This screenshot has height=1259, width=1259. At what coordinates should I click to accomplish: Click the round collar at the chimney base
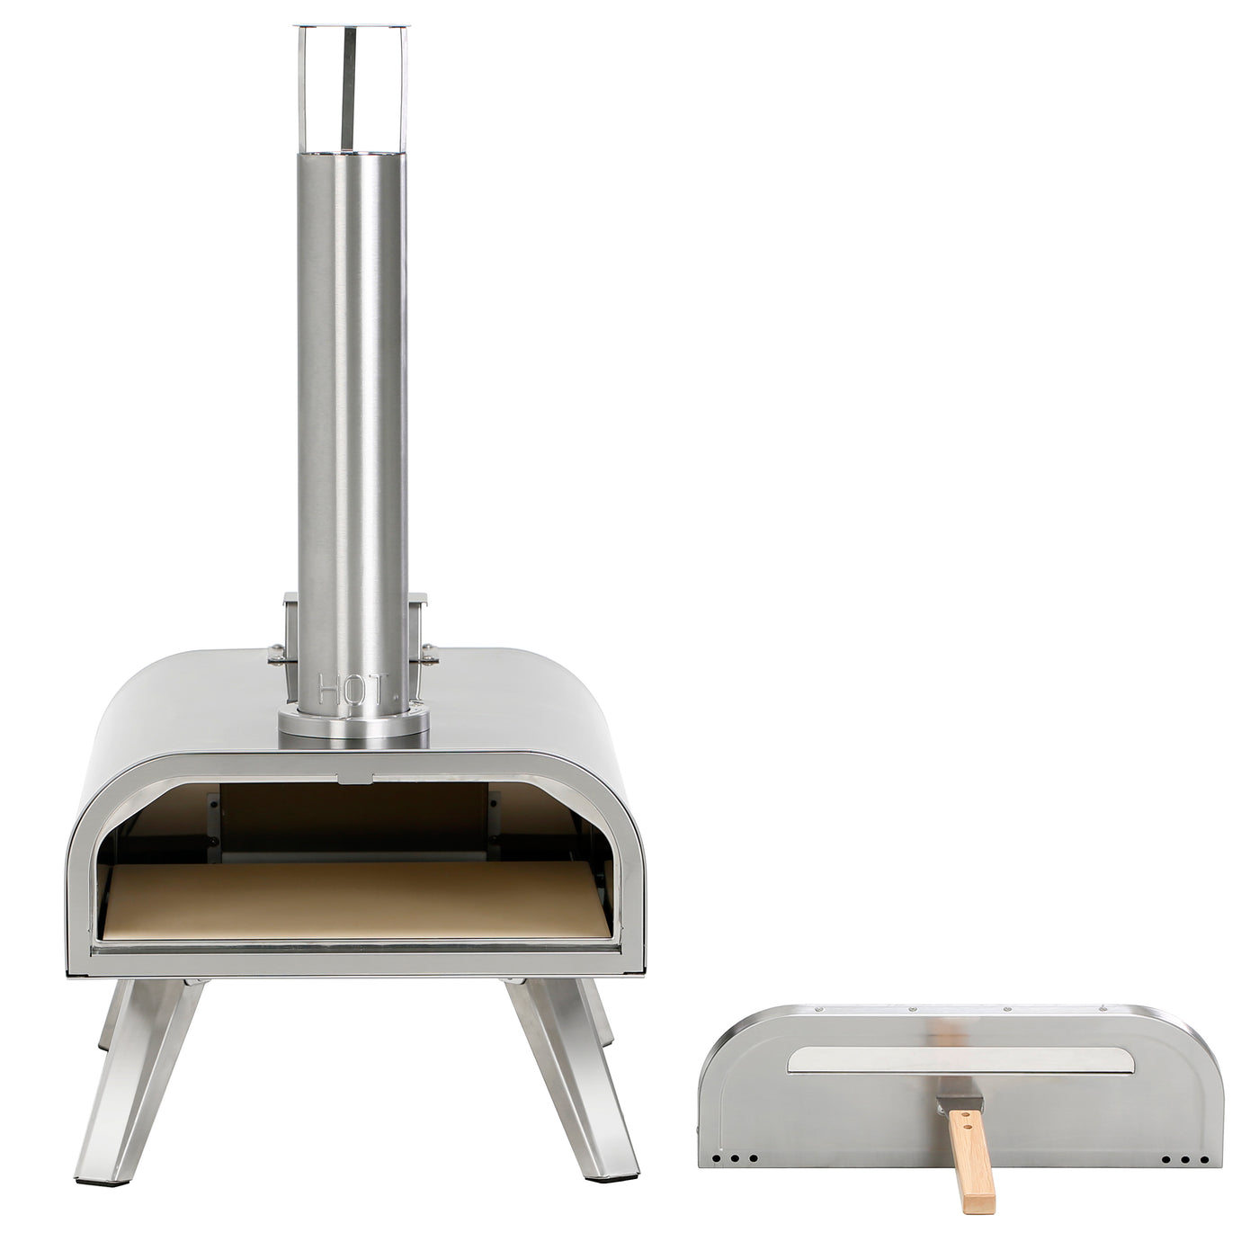point(353,725)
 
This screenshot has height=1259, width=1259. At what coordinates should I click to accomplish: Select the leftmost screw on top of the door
point(819,1010)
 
